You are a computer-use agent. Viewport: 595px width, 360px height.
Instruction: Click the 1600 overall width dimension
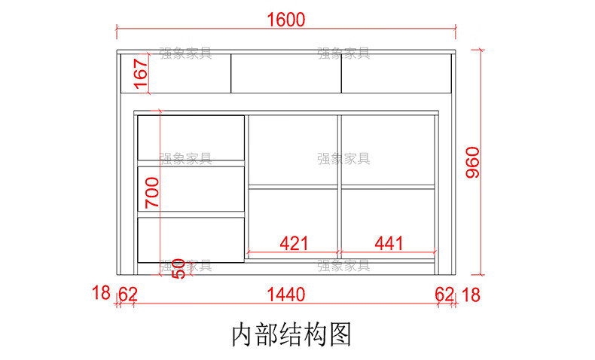click(285, 20)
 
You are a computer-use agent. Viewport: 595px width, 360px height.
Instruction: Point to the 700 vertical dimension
click(151, 193)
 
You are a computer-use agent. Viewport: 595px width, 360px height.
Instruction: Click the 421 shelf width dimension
click(294, 243)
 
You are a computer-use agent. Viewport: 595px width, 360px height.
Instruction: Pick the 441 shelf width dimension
click(389, 243)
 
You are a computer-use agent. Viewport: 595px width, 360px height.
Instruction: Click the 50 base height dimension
click(178, 268)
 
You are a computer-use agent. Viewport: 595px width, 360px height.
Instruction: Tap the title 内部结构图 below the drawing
click(291, 334)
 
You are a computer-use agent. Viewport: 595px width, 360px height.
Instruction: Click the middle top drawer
click(285, 73)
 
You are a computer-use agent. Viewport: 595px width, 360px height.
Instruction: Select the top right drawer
click(396, 73)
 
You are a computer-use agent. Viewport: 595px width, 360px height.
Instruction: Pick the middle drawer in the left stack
click(192, 188)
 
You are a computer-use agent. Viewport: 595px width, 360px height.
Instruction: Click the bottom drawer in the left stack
click(192, 239)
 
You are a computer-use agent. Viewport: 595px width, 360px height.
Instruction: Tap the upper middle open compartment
click(293, 149)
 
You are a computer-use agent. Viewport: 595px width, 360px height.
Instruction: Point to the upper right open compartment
click(388, 149)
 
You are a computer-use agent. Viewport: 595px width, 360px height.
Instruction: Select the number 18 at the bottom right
click(471, 294)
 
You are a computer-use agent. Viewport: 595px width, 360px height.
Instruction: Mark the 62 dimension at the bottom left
click(127, 294)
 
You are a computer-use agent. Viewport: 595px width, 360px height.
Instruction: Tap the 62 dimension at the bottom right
click(444, 294)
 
